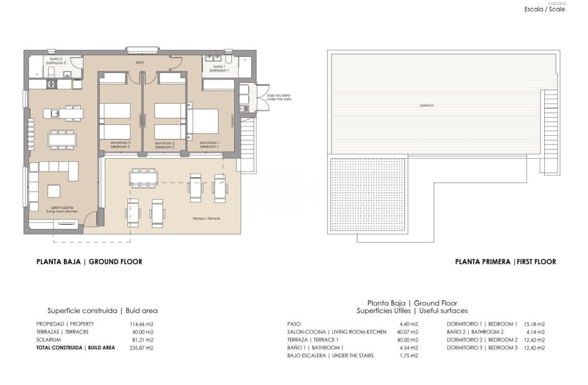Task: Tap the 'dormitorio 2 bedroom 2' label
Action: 164,144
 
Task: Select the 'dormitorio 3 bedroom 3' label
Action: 121,144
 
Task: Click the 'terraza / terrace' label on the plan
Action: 207,219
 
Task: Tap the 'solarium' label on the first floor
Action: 427,105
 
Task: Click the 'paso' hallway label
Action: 140,62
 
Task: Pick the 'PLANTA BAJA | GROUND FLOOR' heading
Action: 89,262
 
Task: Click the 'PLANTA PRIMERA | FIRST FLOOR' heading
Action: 505,262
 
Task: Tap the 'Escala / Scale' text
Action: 545,9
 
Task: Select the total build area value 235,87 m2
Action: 142,348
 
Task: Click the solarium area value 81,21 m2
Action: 142,340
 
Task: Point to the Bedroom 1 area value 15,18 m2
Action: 533,324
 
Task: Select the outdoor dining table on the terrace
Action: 143,178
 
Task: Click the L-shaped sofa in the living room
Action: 52,172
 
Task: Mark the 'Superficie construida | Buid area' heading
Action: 102,311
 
